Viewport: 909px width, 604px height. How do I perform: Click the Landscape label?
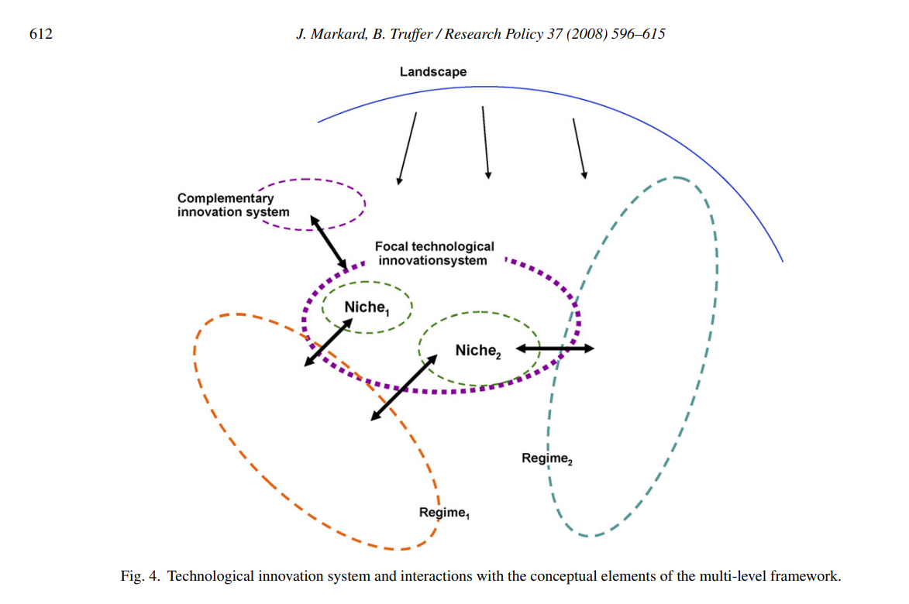coord(433,72)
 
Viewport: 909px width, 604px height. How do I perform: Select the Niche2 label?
coord(478,351)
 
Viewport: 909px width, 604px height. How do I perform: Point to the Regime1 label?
coord(445,513)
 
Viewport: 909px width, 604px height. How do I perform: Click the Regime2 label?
coord(547,458)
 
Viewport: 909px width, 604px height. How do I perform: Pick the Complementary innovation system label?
coord(232,205)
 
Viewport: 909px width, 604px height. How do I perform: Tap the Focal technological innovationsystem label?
coord(434,253)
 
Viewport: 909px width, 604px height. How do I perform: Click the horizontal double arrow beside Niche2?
coord(555,348)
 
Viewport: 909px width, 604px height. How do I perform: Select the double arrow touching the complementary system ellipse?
coord(329,243)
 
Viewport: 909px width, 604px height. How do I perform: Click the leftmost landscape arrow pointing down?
coord(407,148)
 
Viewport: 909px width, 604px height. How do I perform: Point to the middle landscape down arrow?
coord(485,142)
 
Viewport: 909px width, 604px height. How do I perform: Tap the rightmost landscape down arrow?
coord(579,149)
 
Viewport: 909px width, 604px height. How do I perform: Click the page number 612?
coord(40,34)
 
